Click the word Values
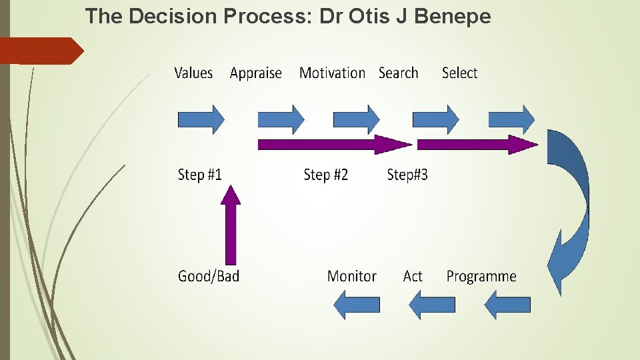pos(193,73)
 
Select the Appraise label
pos(255,73)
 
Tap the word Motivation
pos(332,73)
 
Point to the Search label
pos(398,73)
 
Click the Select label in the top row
pos(459,73)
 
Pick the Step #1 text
pos(199,175)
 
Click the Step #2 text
pos(325,175)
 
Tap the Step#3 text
pos(407,175)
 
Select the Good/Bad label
pos(208,276)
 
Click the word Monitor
pos(351,276)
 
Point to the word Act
pos(413,276)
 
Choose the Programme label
pos(481,276)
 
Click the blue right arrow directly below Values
pos(201,120)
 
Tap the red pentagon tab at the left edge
pos(40,51)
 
